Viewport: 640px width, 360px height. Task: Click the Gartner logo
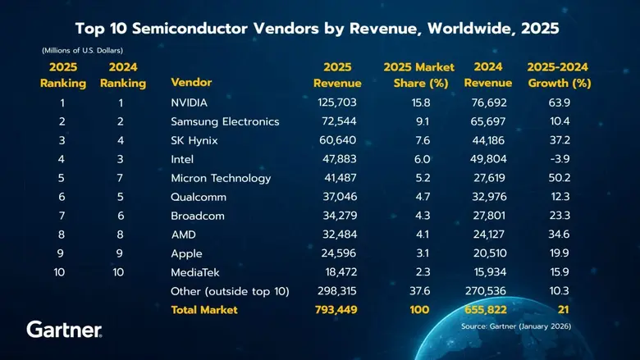tap(65, 330)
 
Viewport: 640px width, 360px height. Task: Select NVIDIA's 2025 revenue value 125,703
tap(337, 103)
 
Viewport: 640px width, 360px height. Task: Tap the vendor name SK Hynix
tap(195, 140)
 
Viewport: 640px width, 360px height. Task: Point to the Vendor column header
tap(191, 83)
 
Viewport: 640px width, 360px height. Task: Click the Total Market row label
tap(203, 310)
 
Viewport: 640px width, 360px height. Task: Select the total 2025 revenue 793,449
tap(337, 310)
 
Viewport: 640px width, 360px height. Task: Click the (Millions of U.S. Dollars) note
tap(83, 51)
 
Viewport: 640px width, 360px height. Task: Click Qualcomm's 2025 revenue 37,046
tap(337, 197)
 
